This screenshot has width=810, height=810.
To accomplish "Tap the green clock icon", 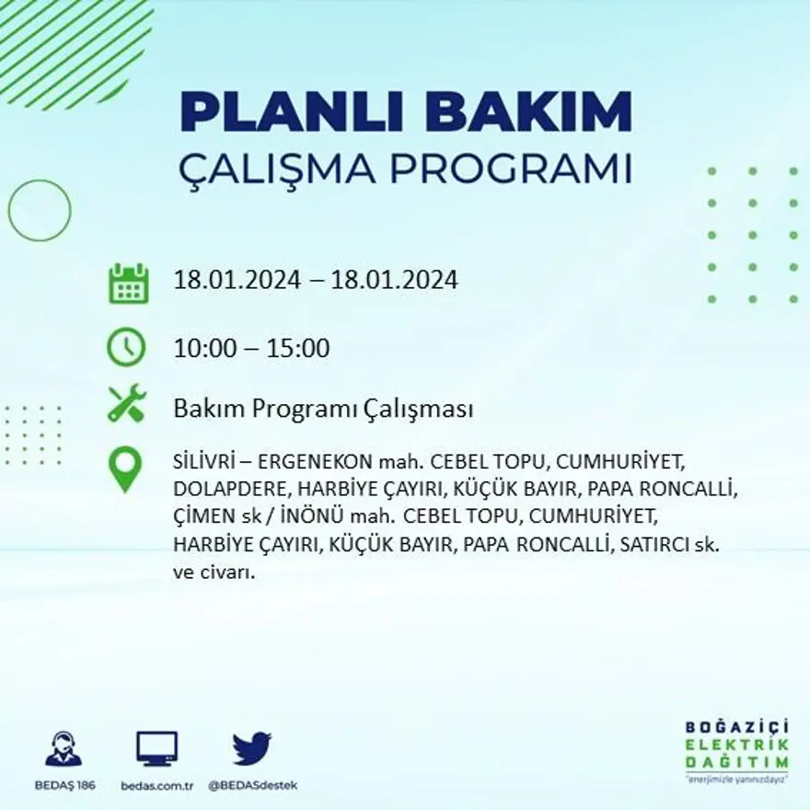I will coord(127,347).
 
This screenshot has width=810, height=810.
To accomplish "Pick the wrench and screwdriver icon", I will coord(127,403).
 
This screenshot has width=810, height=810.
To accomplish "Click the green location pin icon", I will coord(125,469).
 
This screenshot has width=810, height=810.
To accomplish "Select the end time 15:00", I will coord(298,349).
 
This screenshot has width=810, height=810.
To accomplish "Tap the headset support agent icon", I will coord(64,749).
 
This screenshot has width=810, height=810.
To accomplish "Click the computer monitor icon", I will coord(157,748).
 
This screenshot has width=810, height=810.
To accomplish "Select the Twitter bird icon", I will coord(251,748).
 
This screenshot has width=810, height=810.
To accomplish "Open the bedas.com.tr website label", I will coord(157,785).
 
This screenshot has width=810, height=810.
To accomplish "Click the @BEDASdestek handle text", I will coord(252,785).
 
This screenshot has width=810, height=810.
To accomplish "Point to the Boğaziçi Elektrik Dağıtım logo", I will coord(736,750).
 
